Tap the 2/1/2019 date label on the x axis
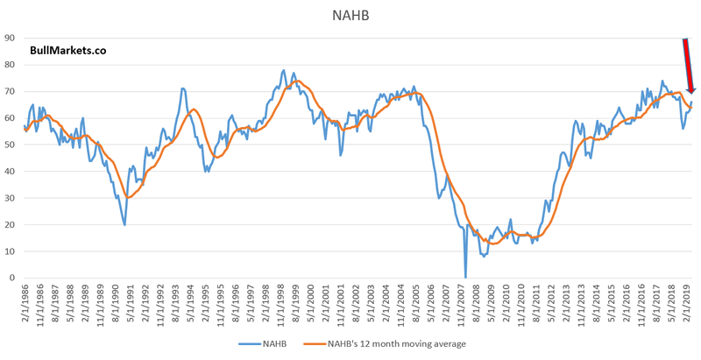pos(688,305)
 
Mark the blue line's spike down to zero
pos(465,277)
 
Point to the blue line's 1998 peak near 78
pos(284,70)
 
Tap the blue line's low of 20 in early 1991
pos(124,224)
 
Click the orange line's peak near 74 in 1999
pos(296,81)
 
